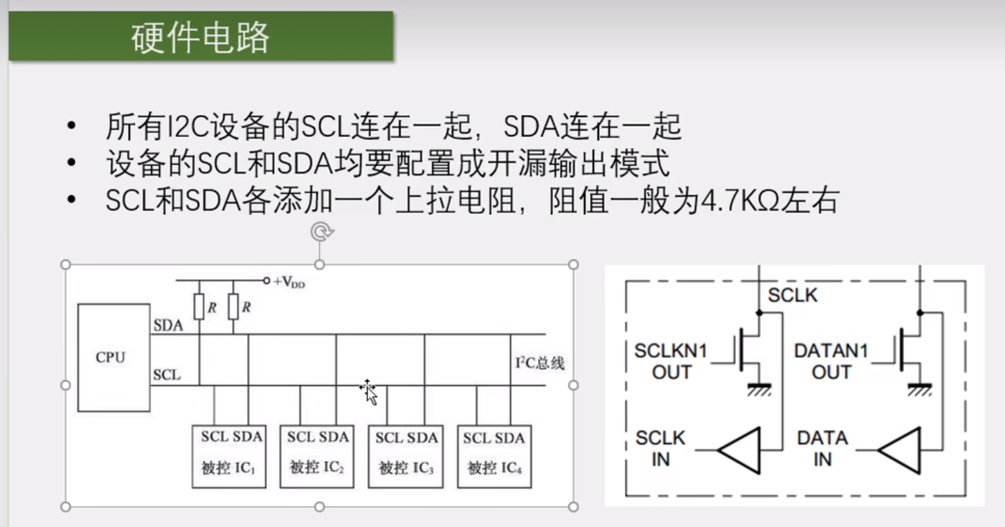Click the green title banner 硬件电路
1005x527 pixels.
tap(201, 36)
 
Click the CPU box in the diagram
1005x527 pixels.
tap(114, 357)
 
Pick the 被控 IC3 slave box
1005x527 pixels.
tap(406, 456)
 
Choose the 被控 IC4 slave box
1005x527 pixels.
tap(494, 456)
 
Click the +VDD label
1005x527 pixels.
tap(289, 282)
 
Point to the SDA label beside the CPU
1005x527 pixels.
tap(168, 325)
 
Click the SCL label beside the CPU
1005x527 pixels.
tap(167, 375)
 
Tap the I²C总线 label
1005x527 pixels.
tap(540, 363)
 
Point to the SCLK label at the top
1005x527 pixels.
tap(793, 296)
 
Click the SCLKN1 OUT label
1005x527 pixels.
tap(671, 361)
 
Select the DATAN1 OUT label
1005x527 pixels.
tap(830, 361)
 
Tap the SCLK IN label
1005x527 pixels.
tap(660, 449)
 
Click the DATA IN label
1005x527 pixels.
tap(822, 449)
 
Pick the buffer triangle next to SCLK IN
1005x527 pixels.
tap(740, 450)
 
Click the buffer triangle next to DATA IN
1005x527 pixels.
tap(900, 450)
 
